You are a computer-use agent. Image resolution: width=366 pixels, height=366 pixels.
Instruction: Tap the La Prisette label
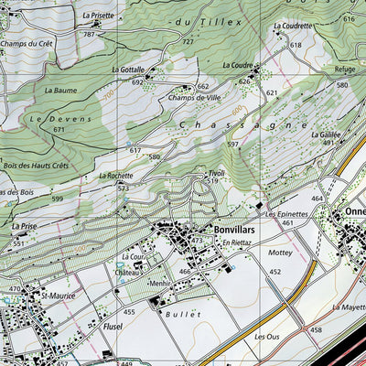tap(98, 16)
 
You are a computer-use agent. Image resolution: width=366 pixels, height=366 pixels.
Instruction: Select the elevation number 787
tap(89, 34)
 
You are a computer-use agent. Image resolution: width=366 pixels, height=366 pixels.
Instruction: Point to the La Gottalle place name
tap(128, 70)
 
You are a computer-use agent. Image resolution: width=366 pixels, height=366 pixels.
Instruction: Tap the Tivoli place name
tap(216, 172)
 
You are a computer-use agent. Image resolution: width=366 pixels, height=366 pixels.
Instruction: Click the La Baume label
tap(60, 91)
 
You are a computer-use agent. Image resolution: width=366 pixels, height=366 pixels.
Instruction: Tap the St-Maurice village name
tap(53, 296)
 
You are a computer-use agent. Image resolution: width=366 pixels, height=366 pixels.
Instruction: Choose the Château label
tap(126, 272)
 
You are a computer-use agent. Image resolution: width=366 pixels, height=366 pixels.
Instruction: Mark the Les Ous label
tap(266, 336)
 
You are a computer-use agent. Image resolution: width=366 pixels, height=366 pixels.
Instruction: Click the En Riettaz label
tap(236, 242)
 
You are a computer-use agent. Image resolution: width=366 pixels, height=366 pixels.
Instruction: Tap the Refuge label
tap(345, 68)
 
